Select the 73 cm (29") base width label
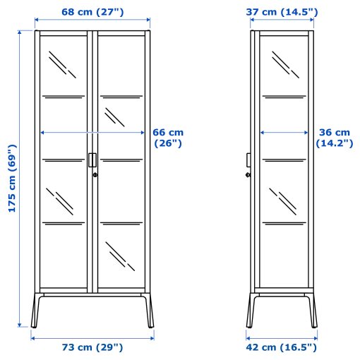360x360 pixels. [92, 347]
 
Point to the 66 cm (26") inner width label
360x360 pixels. [168, 137]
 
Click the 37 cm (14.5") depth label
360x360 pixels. [282, 12]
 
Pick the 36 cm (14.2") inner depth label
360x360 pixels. [333, 137]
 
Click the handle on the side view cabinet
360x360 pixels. [248, 160]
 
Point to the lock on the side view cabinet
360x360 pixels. [248, 175]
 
